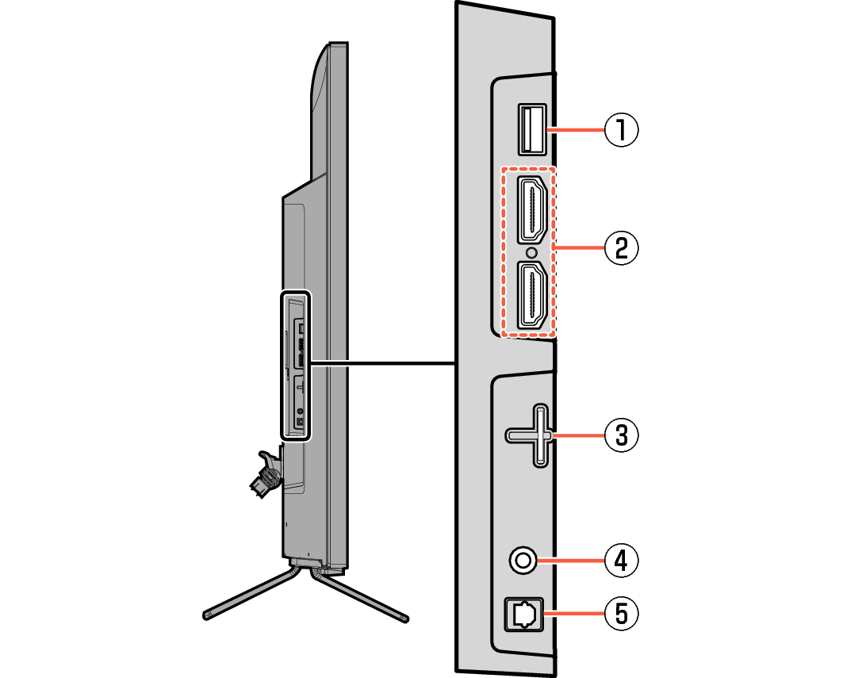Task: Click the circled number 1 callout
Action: tap(622, 130)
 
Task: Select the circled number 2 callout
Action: tap(622, 248)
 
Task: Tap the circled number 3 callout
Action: tap(622, 435)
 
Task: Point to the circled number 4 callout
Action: tap(622, 561)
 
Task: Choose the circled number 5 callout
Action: tap(622, 614)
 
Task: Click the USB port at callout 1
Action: tap(532, 130)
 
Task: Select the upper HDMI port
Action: tap(532, 210)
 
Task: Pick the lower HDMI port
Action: tap(532, 295)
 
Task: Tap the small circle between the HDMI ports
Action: tap(532, 252)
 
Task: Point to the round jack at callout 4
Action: tap(523, 561)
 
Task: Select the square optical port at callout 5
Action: tap(524, 614)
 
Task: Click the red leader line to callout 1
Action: tap(576, 130)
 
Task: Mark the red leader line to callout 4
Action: tap(570, 561)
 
